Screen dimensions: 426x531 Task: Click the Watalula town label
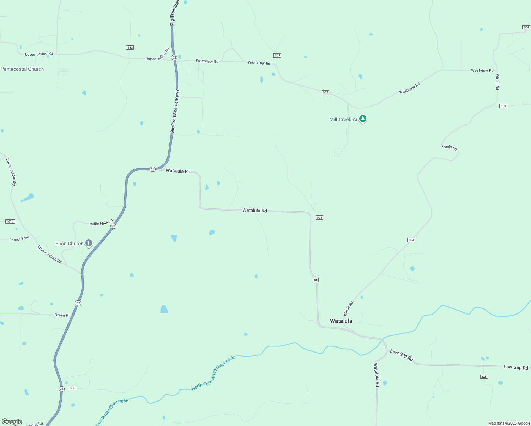point(341,321)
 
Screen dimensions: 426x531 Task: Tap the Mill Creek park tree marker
point(362,119)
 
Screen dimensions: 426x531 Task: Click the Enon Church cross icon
point(89,243)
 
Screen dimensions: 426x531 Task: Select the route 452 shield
point(130,48)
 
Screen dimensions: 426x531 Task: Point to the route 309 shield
point(277,55)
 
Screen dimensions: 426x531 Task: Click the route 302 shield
point(325,92)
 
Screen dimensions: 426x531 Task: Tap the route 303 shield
point(319,218)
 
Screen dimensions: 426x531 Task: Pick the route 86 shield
point(316,280)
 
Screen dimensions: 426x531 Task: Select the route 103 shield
point(503,106)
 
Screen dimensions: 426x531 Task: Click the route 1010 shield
point(10,222)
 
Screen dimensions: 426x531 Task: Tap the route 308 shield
point(72,388)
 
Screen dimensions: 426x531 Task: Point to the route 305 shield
point(484,377)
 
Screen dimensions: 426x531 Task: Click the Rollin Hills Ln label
point(101,223)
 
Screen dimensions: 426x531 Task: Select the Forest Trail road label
point(19,239)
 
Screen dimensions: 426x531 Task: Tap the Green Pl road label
point(62,315)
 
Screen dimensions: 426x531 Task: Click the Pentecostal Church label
point(22,69)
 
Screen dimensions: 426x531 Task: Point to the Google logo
point(12,422)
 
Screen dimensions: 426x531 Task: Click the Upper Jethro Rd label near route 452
point(158,55)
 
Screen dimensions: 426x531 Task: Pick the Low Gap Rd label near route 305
point(516,367)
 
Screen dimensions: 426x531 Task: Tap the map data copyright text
point(509,423)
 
